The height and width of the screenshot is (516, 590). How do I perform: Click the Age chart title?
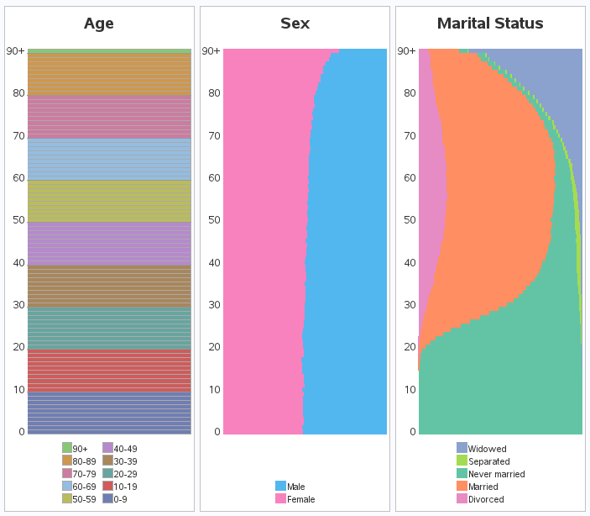click(x=99, y=24)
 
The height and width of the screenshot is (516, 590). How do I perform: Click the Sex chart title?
click(x=295, y=24)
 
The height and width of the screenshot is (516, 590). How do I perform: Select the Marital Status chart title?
click(x=490, y=24)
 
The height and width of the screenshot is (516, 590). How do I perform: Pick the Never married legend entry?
click(x=490, y=474)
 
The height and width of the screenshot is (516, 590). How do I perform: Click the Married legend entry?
click(x=478, y=487)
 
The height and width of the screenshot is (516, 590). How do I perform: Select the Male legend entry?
click(x=290, y=487)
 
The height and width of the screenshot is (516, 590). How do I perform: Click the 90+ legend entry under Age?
click(x=75, y=449)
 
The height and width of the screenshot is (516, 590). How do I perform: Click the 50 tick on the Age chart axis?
click(x=18, y=220)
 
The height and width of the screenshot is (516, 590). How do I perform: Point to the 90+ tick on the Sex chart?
click(x=211, y=51)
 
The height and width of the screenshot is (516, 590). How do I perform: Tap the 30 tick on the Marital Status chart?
click(x=409, y=305)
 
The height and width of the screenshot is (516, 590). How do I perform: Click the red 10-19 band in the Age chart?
click(x=109, y=371)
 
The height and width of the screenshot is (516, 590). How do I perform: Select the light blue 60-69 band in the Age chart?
click(x=109, y=159)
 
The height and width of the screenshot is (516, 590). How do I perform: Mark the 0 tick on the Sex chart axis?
click(x=216, y=432)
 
